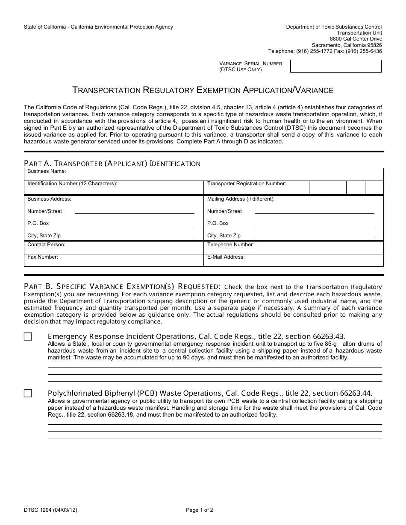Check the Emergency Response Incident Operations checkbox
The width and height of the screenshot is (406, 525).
[28, 337]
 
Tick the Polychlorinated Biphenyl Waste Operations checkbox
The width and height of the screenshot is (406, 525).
[28, 394]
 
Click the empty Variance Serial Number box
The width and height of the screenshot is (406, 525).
[335, 66]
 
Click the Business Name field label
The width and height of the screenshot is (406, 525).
[47, 171]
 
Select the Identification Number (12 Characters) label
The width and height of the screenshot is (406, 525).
[72, 184]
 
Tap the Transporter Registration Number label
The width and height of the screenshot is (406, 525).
[247, 184]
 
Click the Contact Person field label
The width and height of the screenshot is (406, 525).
[46, 245]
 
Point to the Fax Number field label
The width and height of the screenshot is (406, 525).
[43, 257]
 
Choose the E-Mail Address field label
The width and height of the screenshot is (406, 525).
[226, 257]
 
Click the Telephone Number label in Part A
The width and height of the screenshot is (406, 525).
[230, 245]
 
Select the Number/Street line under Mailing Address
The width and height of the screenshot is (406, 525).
[314, 213]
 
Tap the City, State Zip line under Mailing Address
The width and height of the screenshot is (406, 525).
[314, 237]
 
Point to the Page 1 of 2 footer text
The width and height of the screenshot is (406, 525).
[200, 510]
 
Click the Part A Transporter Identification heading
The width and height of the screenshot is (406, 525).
[112, 163]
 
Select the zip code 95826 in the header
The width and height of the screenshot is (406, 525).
[374, 45]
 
